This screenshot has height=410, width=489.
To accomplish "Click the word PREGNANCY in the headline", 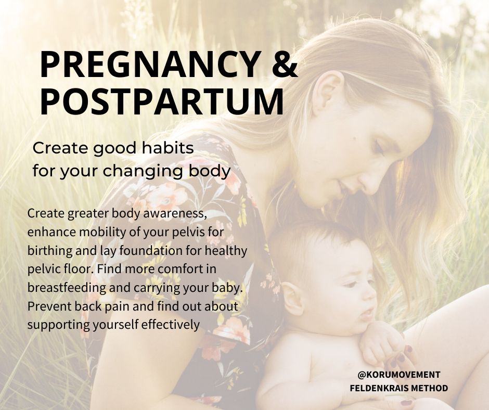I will click(x=148, y=64).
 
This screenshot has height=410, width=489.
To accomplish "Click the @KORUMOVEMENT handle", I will click(x=399, y=375).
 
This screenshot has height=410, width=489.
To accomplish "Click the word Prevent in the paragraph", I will click(x=44, y=306).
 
